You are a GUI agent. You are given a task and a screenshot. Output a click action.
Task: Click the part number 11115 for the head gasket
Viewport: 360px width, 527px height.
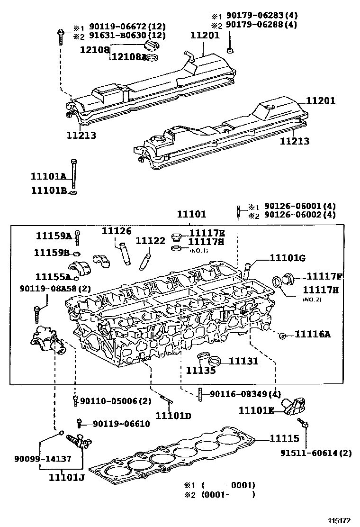(285, 439)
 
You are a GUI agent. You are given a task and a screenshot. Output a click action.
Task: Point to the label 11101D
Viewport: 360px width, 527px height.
(173, 416)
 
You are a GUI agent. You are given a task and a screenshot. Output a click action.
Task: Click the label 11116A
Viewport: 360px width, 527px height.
(313, 335)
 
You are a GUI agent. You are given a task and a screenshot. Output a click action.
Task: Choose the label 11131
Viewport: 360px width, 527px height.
(244, 361)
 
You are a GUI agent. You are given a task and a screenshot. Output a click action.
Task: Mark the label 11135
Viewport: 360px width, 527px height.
(200, 370)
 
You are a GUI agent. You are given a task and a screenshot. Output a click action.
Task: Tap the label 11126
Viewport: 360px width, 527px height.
(116, 231)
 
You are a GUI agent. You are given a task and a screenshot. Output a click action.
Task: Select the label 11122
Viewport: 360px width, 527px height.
(150, 241)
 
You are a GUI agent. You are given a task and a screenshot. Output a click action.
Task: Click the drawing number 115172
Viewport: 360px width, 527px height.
(340, 520)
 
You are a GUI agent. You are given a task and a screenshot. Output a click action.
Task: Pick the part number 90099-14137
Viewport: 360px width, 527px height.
(43, 459)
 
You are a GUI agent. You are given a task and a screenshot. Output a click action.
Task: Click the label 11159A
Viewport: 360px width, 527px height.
(54, 236)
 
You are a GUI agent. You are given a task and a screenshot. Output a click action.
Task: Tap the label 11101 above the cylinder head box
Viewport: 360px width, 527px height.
(192, 214)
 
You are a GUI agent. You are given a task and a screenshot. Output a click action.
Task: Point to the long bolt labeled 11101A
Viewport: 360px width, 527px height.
(73, 173)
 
